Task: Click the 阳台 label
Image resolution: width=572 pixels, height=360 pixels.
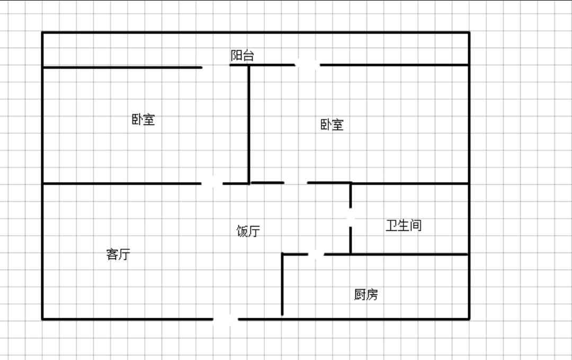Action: click(x=242, y=56)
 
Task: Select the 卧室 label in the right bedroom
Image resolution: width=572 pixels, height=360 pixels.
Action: click(x=332, y=125)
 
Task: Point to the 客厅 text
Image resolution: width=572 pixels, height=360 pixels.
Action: click(x=118, y=255)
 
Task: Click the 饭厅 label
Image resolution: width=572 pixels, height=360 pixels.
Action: click(x=248, y=231)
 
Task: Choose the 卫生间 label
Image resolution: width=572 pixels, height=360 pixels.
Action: click(x=404, y=226)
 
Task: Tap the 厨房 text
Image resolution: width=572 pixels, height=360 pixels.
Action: click(x=366, y=295)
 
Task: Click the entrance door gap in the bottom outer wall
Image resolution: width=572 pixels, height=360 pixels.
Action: click(x=226, y=319)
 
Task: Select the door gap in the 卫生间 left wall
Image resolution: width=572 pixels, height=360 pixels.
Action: click(x=351, y=218)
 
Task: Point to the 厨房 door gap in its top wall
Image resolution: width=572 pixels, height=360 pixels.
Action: click(x=316, y=255)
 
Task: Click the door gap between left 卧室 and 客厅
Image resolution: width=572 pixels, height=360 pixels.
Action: click(x=212, y=183)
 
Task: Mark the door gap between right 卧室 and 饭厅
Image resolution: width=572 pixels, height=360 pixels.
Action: click(x=296, y=183)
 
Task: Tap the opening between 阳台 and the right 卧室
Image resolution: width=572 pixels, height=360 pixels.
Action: click(x=307, y=65)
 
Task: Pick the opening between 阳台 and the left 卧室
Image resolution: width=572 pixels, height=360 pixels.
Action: click(x=216, y=67)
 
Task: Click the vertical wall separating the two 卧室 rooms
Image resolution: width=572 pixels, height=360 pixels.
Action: click(x=249, y=124)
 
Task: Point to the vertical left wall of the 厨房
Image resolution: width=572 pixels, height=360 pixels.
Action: click(x=282, y=286)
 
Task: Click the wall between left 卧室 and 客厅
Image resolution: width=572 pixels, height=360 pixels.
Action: click(x=122, y=183)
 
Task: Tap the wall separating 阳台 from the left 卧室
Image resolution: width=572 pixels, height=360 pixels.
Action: click(x=122, y=67)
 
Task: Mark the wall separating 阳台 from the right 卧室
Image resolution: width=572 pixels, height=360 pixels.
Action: click(x=395, y=65)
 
